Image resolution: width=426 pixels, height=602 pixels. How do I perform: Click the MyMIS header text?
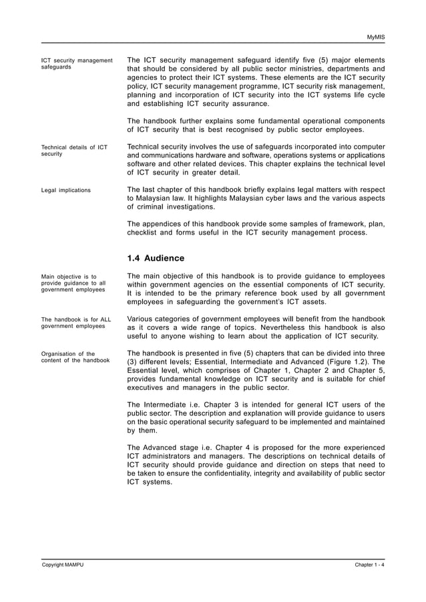point(376,36)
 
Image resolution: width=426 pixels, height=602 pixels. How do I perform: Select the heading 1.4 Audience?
point(156,258)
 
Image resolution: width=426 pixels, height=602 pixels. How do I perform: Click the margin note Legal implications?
point(66,191)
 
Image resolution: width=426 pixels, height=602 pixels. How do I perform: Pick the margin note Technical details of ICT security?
point(74,150)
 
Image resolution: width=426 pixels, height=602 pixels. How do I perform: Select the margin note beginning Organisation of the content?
point(75,357)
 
